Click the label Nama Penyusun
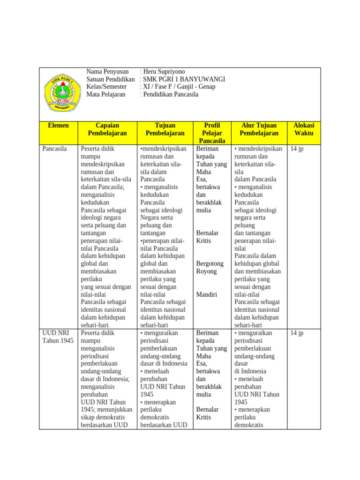tap(107, 72)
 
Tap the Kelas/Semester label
tap(106, 87)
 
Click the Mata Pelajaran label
tap(106, 94)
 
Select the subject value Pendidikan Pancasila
tap(170, 94)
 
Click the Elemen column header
tap(58, 126)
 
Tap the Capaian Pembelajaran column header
tap(107, 129)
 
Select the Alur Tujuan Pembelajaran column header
tap(259, 129)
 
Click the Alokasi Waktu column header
tap(303, 129)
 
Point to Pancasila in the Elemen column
tap(55, 149)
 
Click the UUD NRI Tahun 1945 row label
tap(58, 337)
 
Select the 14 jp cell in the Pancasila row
tap(297, 149)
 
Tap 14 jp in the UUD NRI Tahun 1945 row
tap(297, 333)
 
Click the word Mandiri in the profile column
tap(207, 294)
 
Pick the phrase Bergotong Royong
tap(210, 268)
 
